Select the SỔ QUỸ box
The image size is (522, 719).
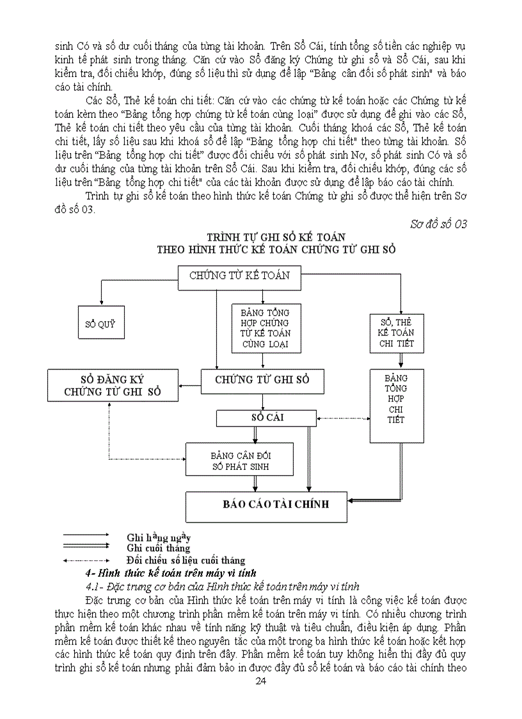pos(100,324)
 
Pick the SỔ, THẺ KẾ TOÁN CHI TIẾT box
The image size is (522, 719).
pos(397,333)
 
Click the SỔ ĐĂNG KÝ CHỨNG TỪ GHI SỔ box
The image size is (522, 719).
pos(113,385)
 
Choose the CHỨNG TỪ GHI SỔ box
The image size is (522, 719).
pos(262,380)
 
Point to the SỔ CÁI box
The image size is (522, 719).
pos(267,418)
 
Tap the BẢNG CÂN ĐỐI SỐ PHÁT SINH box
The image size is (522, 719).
pos(240,460)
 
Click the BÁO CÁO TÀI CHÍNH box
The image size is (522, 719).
pos(266,505)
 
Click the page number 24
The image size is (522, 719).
pos(260,681)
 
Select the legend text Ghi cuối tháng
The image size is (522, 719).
pos(158,548)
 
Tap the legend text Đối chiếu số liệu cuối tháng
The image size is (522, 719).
pos(186,560)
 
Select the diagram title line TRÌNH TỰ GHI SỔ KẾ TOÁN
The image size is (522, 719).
pos(276,237)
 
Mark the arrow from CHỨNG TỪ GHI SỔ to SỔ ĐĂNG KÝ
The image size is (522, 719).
pos(189,385)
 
